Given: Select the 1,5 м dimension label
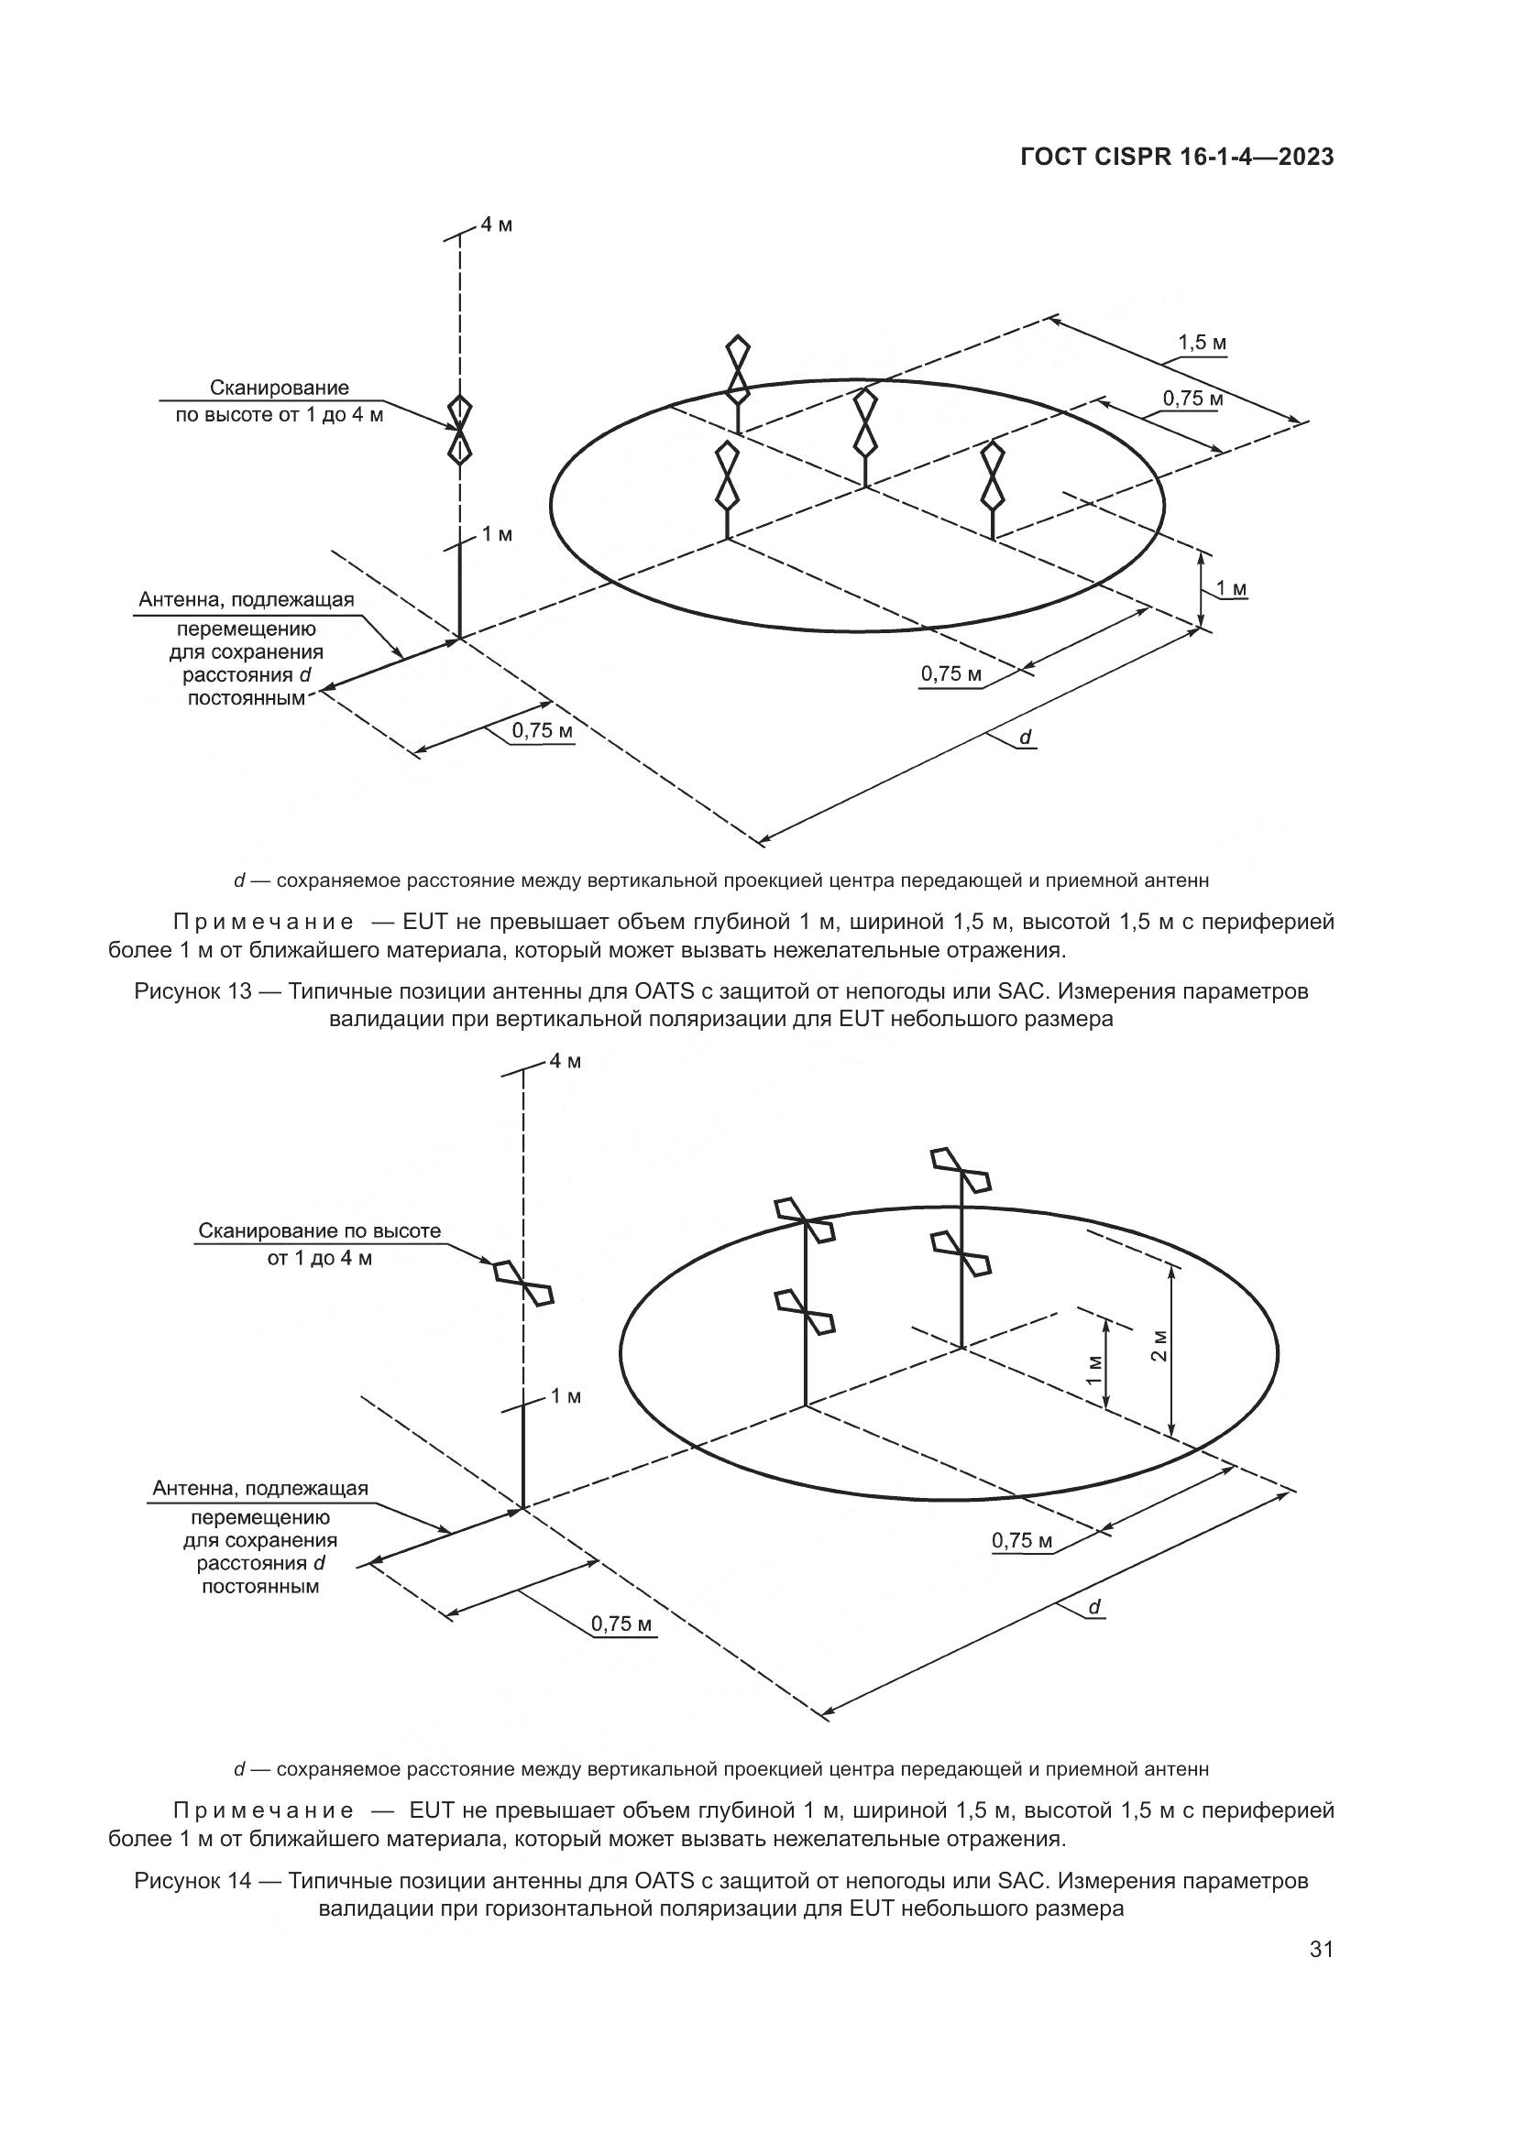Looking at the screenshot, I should coord(1202,344).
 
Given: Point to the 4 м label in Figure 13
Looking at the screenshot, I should coord(497,225).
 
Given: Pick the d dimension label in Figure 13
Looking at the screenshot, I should coord(1025,738).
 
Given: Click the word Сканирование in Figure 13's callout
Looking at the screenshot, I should coord(280,388).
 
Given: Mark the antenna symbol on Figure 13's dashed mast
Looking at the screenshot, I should coord(459,430).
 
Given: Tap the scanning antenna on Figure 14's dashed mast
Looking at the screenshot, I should coord(523,1283).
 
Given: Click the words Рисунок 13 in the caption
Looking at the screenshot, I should coord(193,991).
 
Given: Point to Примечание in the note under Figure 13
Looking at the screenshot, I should coord(264,923).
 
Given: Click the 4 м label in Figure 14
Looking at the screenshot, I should coord(565,1061).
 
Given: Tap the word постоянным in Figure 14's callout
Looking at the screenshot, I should coord(260,1587).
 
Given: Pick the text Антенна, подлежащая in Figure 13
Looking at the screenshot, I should coord(247,600).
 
